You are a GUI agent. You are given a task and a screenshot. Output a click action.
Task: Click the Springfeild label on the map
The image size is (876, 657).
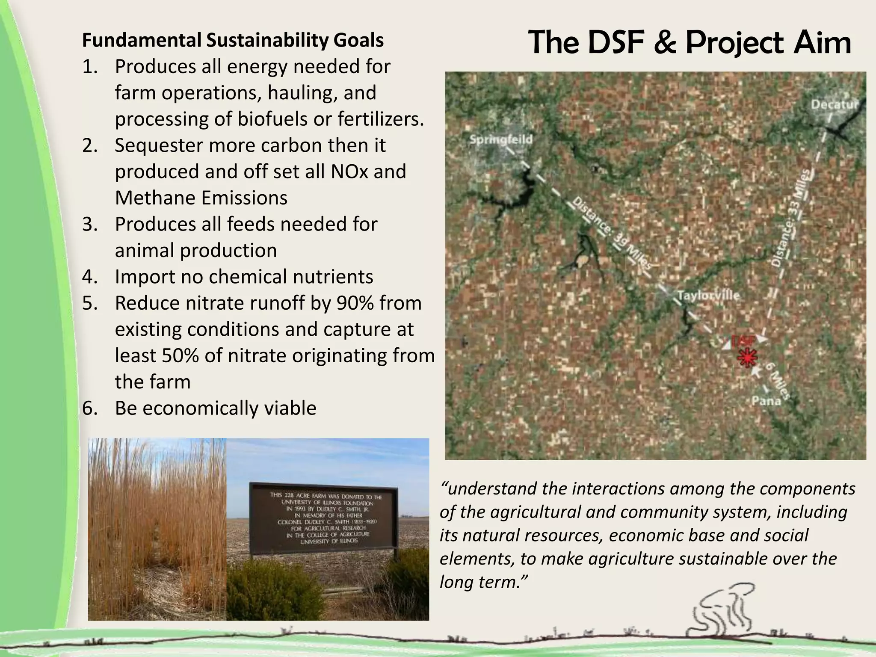pos(501,139)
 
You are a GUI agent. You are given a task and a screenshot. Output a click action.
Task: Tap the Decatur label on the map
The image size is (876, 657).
pos(835,105)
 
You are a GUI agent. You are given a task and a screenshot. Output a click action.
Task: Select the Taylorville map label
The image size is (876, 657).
pos(708,296)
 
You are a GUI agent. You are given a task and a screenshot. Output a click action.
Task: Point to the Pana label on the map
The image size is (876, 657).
pos(766,401)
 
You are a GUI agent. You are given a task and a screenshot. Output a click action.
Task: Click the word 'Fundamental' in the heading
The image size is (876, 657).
pos(142,41)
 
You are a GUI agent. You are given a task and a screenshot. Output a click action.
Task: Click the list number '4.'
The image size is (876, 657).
pos(90,277)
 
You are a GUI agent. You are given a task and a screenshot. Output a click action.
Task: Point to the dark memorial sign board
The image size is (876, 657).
pos(324,519)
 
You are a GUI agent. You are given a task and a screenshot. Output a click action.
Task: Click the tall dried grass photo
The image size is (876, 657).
pos(157,529)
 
